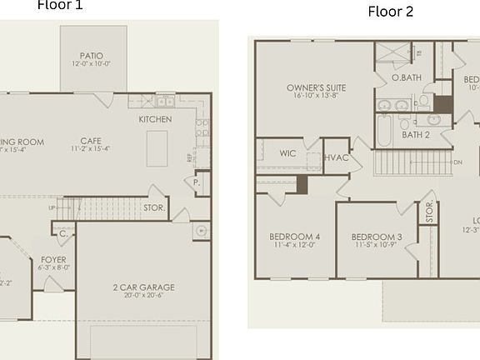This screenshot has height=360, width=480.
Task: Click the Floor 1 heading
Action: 60,6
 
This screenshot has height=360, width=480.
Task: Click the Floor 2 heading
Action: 390,12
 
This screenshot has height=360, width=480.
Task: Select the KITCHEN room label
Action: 155,119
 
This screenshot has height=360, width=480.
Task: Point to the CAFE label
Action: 92,141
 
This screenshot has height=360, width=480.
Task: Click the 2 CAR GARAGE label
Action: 144,287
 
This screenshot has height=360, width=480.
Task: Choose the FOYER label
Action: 53,260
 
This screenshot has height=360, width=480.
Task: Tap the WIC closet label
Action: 287,153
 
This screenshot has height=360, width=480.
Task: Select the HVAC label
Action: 336,157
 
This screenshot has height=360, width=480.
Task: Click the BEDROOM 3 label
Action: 377,237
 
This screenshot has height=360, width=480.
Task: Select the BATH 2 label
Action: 415,134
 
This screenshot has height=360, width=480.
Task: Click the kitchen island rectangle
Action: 157,148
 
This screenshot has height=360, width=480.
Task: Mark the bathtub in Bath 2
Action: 383,131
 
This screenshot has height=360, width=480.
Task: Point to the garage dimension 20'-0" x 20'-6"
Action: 144,297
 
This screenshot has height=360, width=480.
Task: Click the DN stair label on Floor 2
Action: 457,163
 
